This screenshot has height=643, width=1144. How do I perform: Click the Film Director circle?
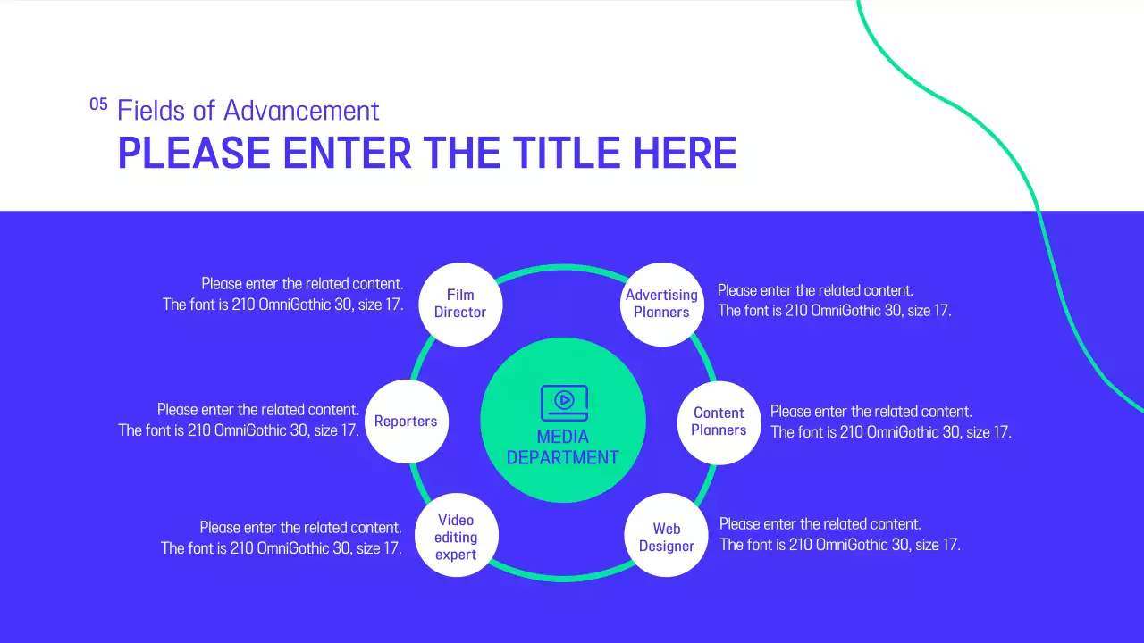tap(460, 304)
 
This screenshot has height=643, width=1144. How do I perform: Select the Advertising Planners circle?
tap(661, 304)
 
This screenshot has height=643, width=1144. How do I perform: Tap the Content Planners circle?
tap(719, 422)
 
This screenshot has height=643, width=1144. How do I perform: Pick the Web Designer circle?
tap(666, 537)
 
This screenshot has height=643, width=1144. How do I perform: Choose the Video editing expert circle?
tap(456, 537)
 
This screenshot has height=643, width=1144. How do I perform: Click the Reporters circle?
tap(406, 422)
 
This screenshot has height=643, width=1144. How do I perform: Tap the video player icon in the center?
tap(564, 403)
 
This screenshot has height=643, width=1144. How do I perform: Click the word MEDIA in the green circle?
tap(563, 437)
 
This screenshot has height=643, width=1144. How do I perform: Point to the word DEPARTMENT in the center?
tap(563, 457)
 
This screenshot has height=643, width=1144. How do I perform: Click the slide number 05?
tap(98, 104)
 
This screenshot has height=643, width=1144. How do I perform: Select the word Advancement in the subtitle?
tap(301, 111)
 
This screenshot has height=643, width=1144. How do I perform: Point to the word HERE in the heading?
tap(686, 154)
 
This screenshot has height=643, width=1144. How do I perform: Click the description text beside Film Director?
tap(283, 294)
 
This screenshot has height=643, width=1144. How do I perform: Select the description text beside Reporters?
tap(240, 420)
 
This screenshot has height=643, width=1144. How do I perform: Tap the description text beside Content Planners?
tap(890, 422)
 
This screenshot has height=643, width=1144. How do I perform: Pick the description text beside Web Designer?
tap(839, 534)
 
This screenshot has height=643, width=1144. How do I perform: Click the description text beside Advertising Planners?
tap(834, 300)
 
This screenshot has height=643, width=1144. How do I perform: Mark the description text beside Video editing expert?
tap(282, 538)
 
